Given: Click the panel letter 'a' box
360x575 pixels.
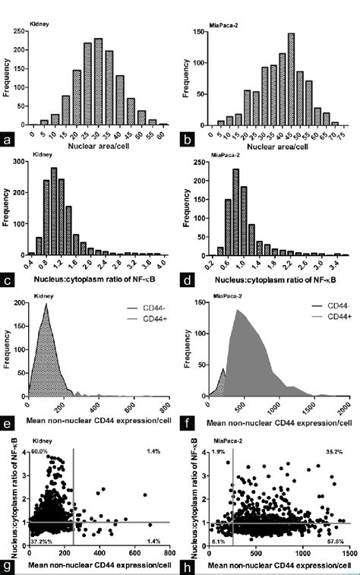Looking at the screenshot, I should [9, 141].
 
